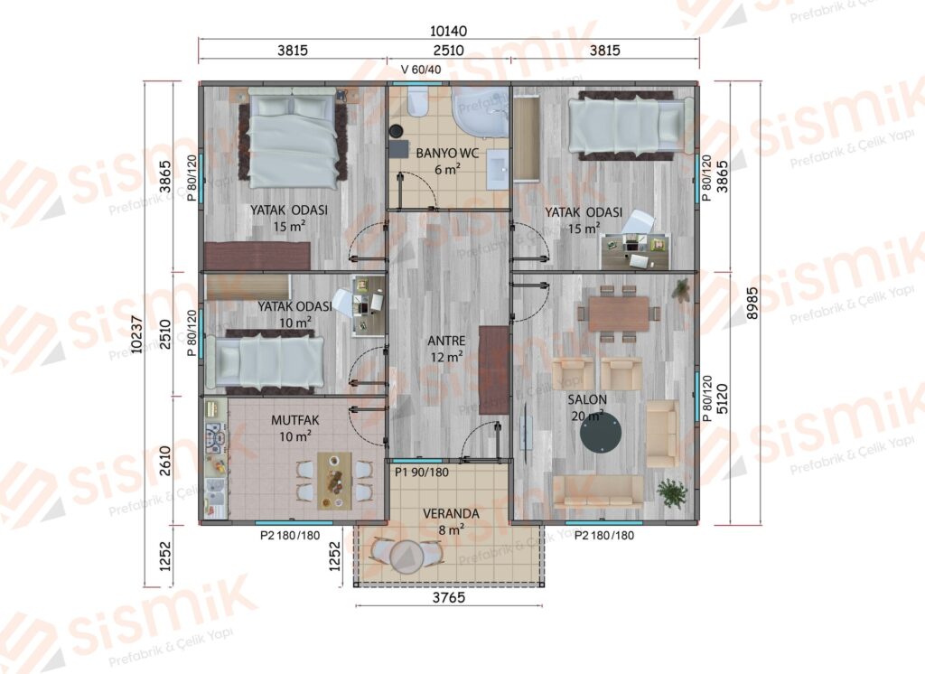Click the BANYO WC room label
(x=447, y=154)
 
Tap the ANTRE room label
(x=446, y=342)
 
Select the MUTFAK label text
(x=295, y=420)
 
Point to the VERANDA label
(x=451, y=513)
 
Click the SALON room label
(x=587, y=399)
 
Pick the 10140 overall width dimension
(x=448, y=31)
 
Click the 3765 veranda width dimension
(x=449, y=597)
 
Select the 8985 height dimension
(x=752, y=304)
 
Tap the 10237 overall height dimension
(x=137, y=334)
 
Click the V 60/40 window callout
(x=421, y=70)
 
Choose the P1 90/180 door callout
(x=422, y=473)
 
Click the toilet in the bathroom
(x=417, y=101)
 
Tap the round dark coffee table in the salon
(x=601, y=433)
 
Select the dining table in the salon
(x=618, y=314)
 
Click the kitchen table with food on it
(x=334, y=481)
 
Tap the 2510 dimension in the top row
(x=448, y=51)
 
